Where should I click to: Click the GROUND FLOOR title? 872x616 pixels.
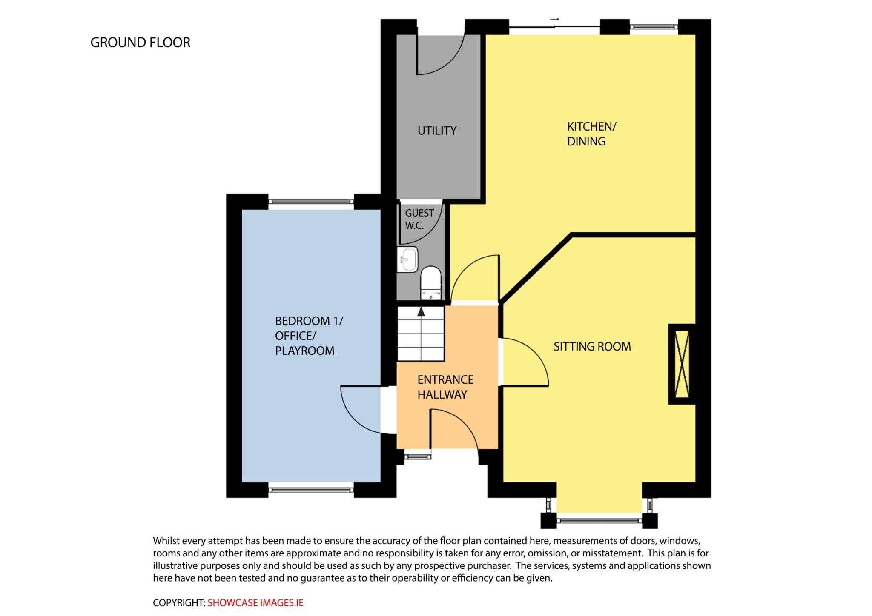pos(140,43)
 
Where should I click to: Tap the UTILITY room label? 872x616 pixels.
pos(437,131)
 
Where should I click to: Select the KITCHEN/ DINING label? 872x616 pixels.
pos(591,134)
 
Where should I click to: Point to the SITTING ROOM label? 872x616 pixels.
pos(592,346)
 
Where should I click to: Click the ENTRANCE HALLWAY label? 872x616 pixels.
pos(445,387)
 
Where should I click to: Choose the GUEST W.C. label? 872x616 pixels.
pos(419,219)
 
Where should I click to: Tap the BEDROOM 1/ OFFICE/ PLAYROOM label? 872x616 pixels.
pos(309,336)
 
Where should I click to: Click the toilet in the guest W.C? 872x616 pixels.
pos(431,282)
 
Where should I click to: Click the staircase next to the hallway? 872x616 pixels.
pos(421,334)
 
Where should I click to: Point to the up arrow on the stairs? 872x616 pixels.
pos(421,312)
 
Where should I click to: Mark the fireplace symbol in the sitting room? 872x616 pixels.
pos(682,364)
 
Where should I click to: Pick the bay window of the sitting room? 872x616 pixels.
pos(599,520)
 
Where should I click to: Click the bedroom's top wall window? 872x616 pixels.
pos(311,202)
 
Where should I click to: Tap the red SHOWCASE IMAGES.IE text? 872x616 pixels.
pos(255,603)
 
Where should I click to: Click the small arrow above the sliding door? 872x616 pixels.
pos(554,19)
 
